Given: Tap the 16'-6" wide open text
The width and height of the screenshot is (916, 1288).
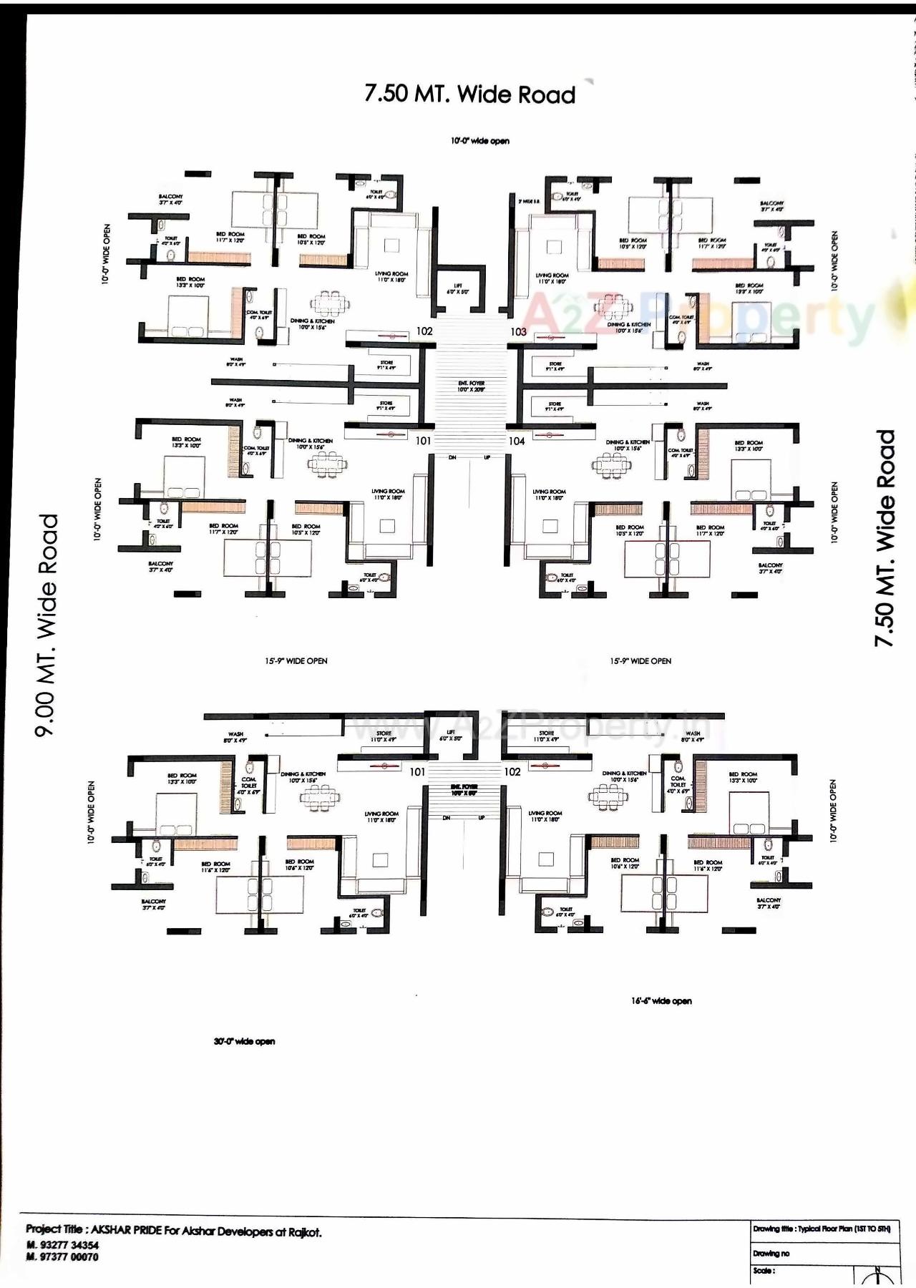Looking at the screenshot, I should pyautogui.click(x=661, y=1001).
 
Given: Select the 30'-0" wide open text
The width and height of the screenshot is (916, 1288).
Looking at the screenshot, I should pyautogui.click(x=244, y=1041).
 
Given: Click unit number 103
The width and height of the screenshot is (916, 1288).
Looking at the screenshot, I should pyautogui.click(x=518, y=332).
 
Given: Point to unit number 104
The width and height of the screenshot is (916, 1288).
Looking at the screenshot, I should pyautogui.click(x=517, y=441).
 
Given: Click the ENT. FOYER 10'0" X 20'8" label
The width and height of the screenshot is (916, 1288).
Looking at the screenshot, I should pyautogui.click(x=472, y=386).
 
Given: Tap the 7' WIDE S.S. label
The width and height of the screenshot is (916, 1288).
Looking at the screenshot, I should pyautogui.click(x=530, y=202).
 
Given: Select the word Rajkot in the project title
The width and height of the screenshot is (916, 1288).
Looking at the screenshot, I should pyautogui.click(x=305, y=1232).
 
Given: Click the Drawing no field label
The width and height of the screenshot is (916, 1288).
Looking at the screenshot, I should pyautogui.click(x=771, y=1253).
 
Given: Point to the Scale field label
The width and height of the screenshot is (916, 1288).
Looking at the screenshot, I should pyautogui.click(x=763, y=1271).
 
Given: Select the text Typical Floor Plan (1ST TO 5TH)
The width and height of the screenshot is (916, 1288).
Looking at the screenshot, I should pyautogui.click(x=844, y=1229).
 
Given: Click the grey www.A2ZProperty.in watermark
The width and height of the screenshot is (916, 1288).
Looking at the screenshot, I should pyautogui.click(x=530, y=726).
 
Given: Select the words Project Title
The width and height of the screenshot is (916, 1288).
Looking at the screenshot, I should pyautogui.click(x=54, y=1229).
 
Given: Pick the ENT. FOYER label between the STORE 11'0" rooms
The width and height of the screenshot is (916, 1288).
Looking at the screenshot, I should pyautogui.click(x=464, y=790).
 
